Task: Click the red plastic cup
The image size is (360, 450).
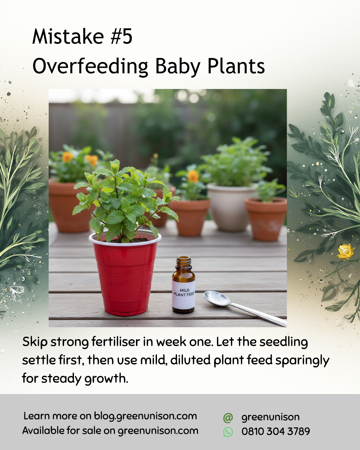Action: coord(125,277)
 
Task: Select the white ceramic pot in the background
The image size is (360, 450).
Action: coord(230,207)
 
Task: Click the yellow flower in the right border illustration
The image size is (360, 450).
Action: coord(345,251)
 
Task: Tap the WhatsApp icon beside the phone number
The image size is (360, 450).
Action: coord(228,432)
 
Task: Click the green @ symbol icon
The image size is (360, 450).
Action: coord(228,417)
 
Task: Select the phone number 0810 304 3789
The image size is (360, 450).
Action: coord(276,431)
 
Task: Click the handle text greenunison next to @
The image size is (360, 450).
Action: coord(270,417)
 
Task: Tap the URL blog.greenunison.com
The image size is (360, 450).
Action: coord(145,416)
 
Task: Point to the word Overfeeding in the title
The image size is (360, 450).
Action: coord(90,66)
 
